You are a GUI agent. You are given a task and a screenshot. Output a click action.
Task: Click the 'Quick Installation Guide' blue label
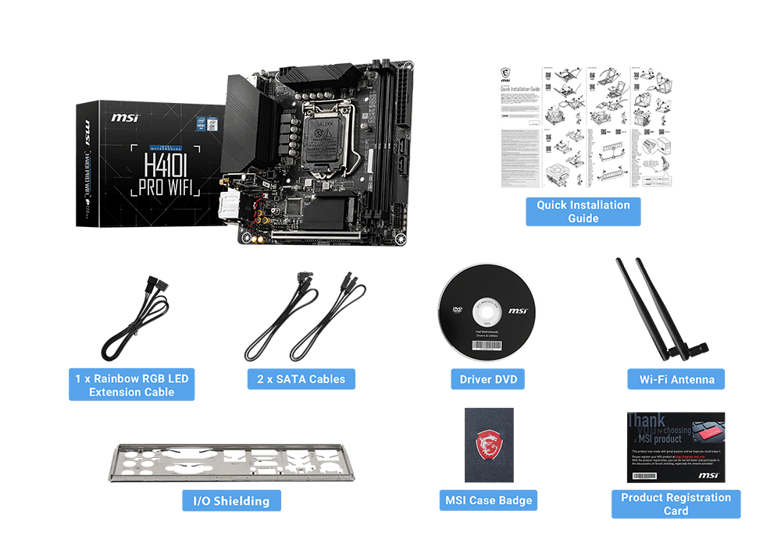pos(583,211)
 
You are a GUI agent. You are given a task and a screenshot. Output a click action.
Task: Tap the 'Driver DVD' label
pos(487,380)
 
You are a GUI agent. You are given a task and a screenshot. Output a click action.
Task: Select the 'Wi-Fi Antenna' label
pos(676,380)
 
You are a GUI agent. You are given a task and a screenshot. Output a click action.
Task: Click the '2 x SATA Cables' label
pos(301,379)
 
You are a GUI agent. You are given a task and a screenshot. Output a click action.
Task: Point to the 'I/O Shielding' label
pos(231,501)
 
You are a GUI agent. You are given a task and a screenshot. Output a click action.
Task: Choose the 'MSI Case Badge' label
pos(488,500)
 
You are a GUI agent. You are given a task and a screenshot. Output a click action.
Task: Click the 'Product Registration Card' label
pos(676,504)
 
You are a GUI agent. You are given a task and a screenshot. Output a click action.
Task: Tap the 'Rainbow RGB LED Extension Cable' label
pos(131,385)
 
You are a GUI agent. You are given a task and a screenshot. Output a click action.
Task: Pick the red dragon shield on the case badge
pos(488,445)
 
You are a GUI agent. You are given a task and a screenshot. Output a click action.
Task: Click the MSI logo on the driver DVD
pos(518,311)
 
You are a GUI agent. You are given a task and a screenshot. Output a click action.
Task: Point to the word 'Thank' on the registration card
pos(647,422)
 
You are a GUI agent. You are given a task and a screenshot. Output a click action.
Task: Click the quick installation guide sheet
pos(586,126)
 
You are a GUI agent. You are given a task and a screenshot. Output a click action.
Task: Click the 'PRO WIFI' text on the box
pos(165,188)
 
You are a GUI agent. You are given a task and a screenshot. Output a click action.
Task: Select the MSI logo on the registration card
pos(708,474)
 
